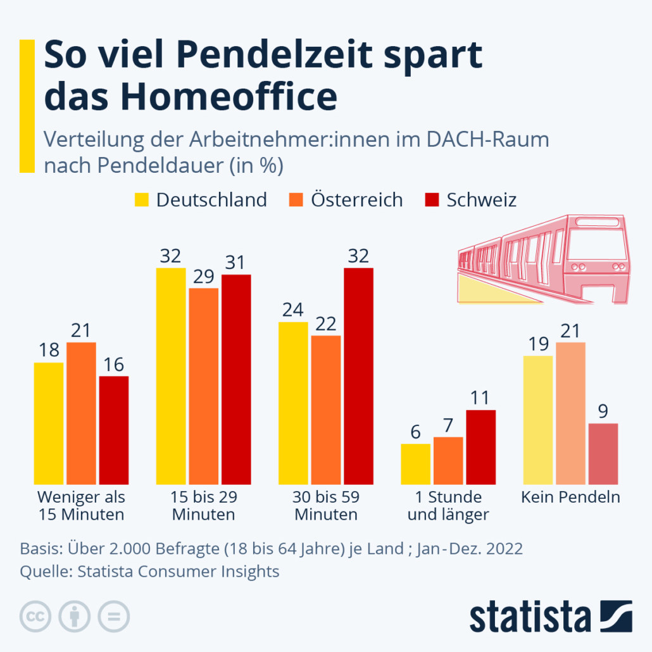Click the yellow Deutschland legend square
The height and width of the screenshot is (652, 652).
142,200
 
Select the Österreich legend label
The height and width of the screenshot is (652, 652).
356,200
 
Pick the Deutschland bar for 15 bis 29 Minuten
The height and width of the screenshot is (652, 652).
171,376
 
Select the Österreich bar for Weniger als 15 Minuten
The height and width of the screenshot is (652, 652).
81,413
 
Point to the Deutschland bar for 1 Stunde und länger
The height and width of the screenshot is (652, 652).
415,464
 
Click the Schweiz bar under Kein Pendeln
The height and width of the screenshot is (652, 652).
603,453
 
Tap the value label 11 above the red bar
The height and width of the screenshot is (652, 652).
480,398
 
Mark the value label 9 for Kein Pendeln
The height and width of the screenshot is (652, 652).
603,411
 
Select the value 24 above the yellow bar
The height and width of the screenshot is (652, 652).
293,310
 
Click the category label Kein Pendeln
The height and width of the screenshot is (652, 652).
570,497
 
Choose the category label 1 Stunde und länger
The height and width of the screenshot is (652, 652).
448,506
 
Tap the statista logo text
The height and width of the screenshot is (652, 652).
529,617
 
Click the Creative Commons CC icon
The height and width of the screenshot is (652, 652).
35,615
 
